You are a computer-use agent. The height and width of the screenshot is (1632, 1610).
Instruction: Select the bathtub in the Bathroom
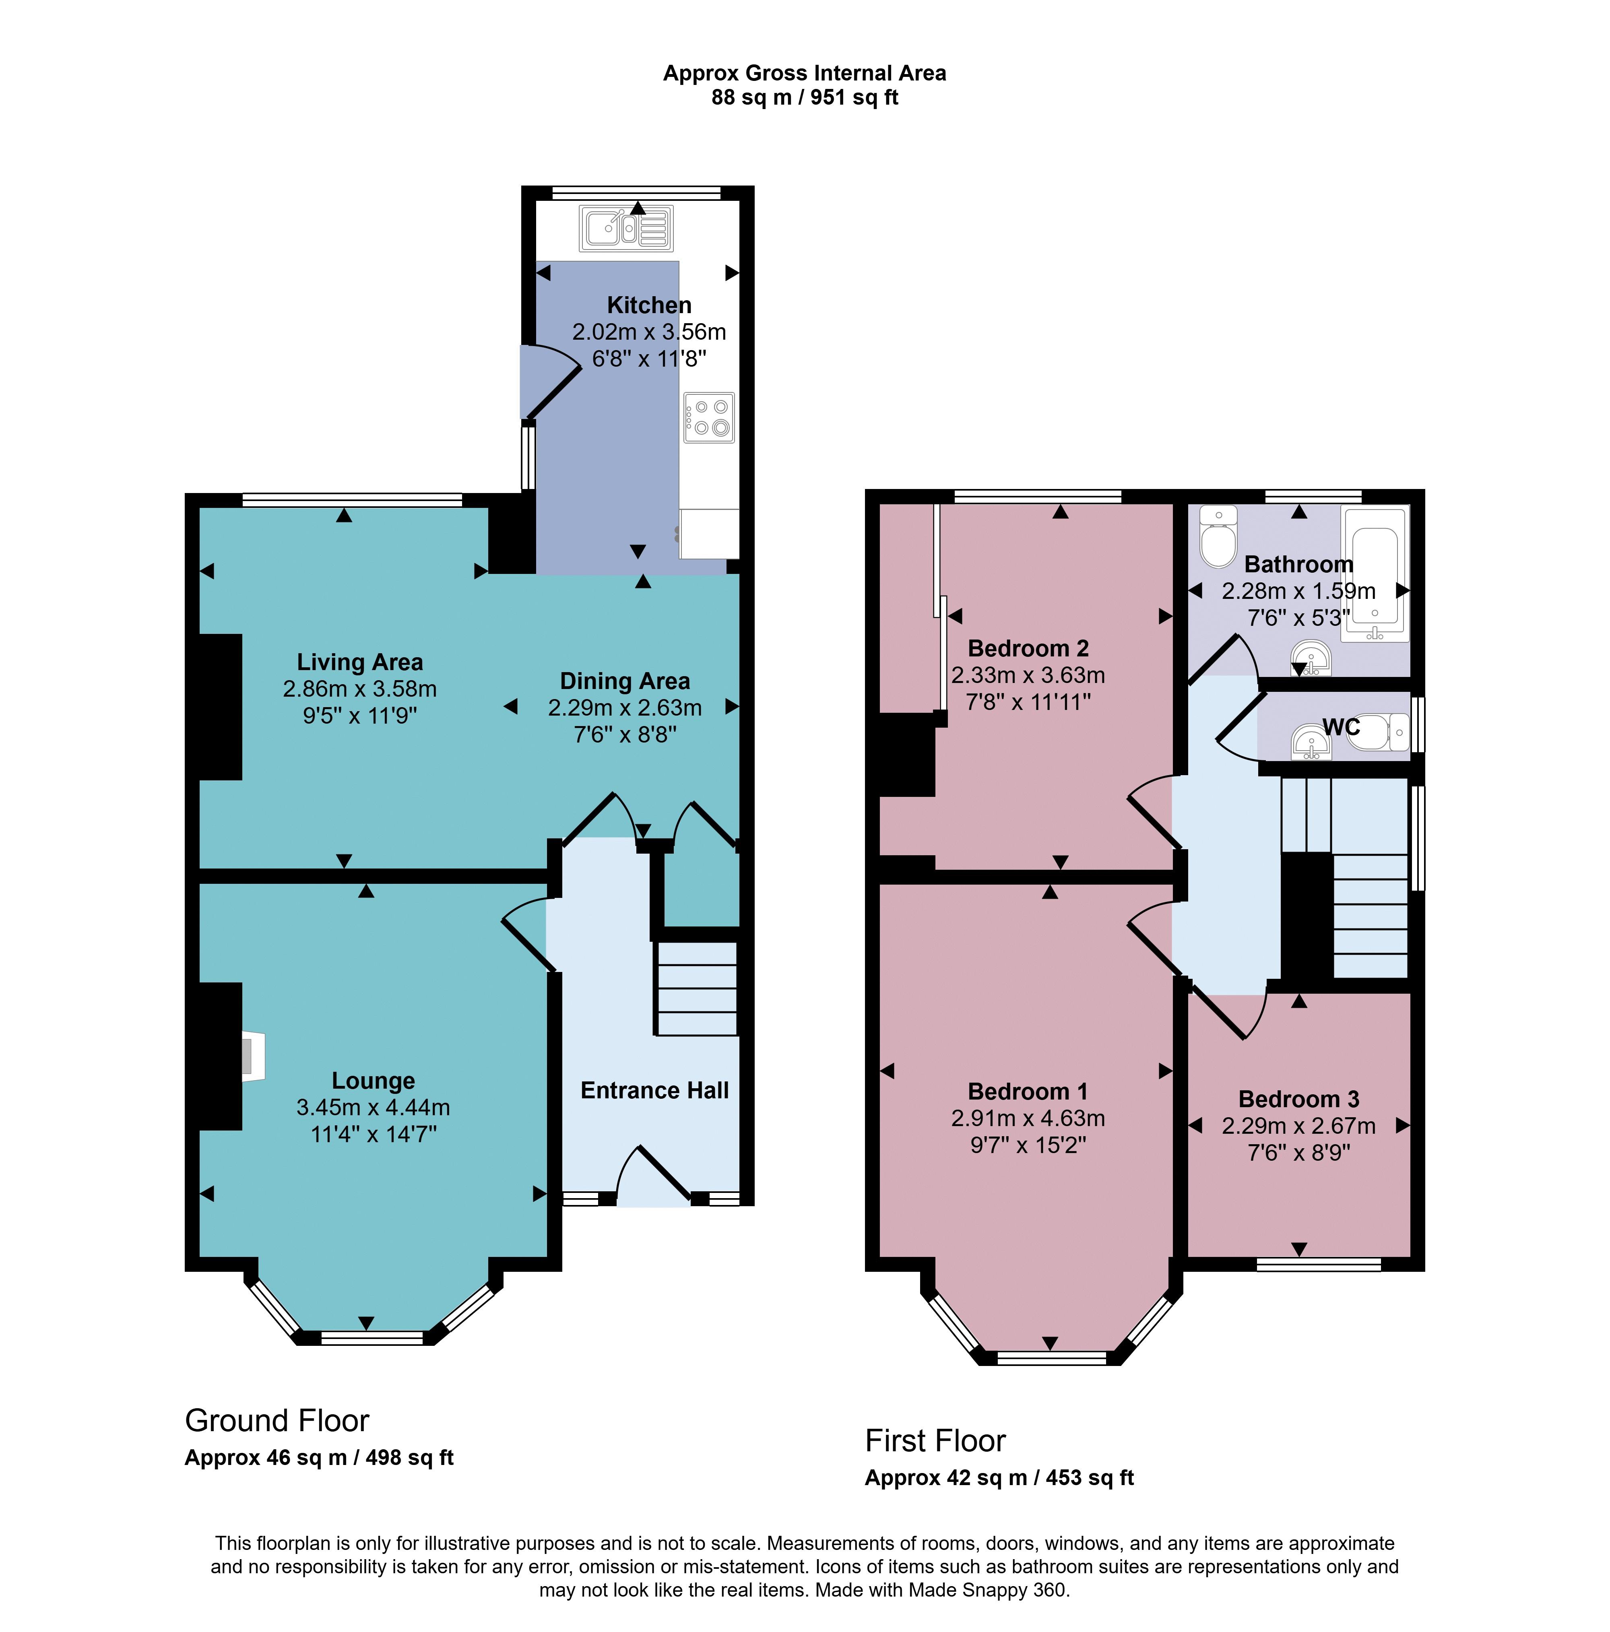click(x=1375, y=574)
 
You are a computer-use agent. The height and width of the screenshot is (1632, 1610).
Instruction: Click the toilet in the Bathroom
click(x=1218, y=537)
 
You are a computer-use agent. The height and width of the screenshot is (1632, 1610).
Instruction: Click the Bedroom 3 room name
click(x=1298, y=1099)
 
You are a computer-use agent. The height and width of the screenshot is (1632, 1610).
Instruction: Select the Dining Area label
click(x=624, y=681)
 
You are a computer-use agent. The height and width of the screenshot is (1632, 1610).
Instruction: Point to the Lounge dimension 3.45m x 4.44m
click(x=372, y=1107)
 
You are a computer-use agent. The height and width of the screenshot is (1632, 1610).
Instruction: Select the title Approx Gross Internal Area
click(x=804, y=74)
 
